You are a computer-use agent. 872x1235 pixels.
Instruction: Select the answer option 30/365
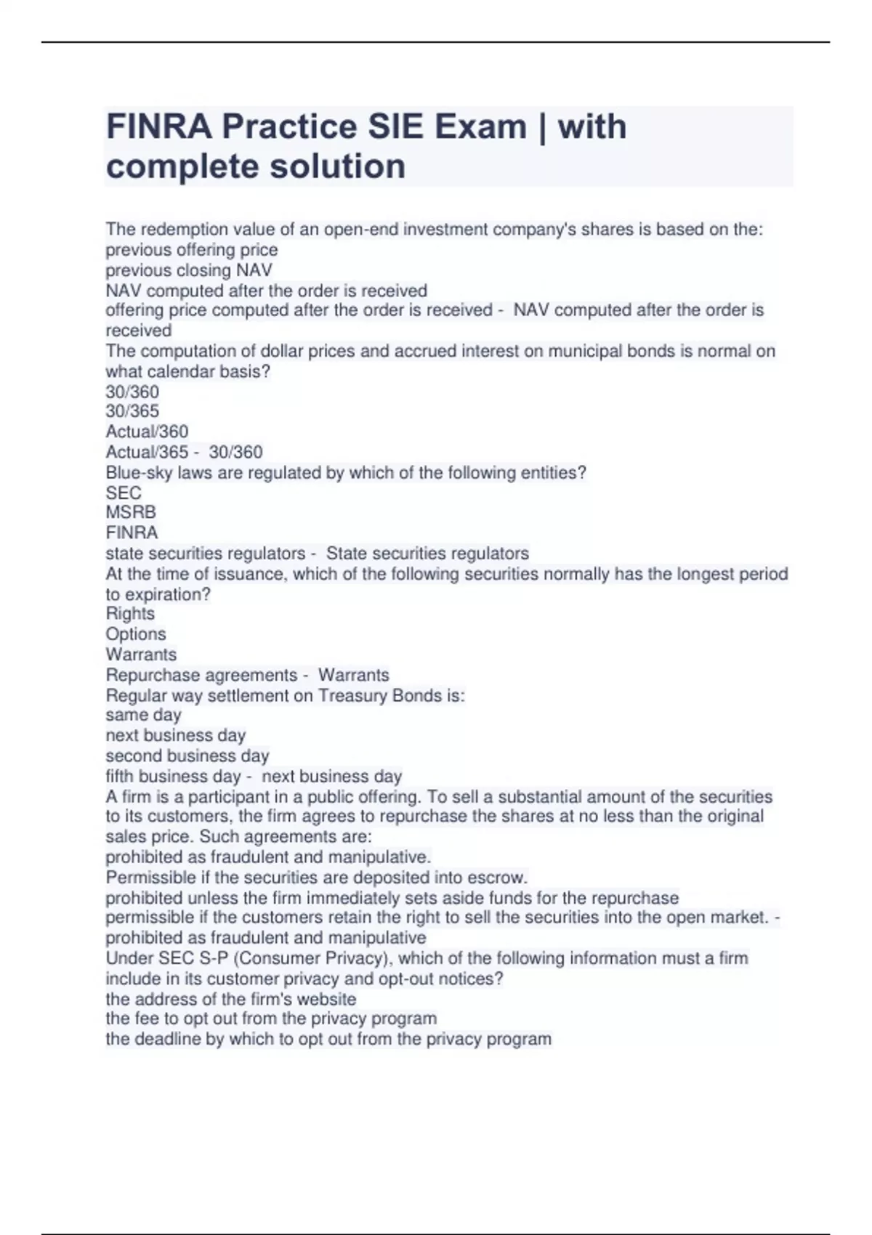132,411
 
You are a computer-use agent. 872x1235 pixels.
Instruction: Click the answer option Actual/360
147,432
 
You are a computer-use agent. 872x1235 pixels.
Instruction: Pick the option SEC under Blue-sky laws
124,493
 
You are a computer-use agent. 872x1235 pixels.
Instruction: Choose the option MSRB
131,513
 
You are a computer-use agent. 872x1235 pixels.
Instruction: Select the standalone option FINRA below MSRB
132,533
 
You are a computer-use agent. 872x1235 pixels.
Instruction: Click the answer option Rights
130,614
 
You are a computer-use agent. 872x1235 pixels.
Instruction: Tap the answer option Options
136,634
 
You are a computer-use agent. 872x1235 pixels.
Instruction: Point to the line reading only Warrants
141,655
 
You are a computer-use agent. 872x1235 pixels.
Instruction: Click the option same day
143,716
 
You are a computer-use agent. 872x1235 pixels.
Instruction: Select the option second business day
187,756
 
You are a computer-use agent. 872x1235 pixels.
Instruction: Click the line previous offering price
192,250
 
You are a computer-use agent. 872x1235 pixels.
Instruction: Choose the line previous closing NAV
189,270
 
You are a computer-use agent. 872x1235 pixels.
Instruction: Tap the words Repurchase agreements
201,675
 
